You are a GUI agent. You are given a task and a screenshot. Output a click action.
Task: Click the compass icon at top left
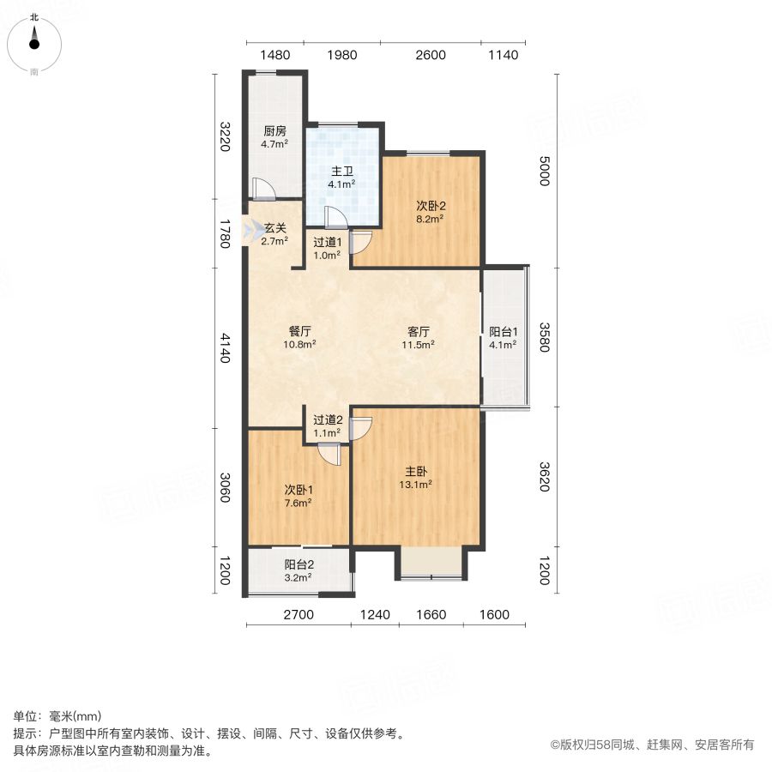pyautogui.click(x=34, y=45)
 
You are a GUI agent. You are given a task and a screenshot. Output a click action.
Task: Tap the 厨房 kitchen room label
pyautogui.click(x=274, y=131)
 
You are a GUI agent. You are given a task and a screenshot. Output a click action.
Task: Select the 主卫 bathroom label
pyautogui.click(x=341, y=172)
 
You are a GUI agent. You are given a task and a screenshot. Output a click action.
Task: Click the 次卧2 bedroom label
pyautogui.click(x=431, y=206)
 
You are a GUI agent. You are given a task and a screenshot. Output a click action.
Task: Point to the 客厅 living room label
pyautogui.click(x=418, y=331)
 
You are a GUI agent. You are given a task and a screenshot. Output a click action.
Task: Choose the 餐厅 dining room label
pyautogui.click(x=299, y=331)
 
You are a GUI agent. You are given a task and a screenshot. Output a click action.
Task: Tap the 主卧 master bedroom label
pyautogui.click(x=415, y=471)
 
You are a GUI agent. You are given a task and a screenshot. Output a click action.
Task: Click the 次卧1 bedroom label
pyautogui.click(x=299, y=490)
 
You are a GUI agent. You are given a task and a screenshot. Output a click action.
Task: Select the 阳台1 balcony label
pyautogui.click(x=504, y=332)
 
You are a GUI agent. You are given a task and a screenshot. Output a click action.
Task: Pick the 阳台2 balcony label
pyautogui.click(x=299, y=564)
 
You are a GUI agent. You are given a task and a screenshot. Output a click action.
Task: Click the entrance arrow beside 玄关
pyautogui.click(x=252, y=231)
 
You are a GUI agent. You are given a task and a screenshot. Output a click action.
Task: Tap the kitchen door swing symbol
pyautogui.click(x=263, y=189)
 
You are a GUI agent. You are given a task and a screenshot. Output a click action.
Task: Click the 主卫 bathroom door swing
pyautogui.click(x=336, y=218)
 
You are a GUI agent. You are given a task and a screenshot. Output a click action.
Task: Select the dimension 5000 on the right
pyautogui.click(x=544, y=171)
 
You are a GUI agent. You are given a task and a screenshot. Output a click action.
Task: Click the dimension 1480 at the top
pyautogui.click(x=275, y=55)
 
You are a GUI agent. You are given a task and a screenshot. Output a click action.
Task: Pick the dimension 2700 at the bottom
pyautogui.click(x=299, y=614)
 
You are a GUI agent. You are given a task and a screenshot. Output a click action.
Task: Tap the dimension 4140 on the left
pyautogui.click(x=225, y=348)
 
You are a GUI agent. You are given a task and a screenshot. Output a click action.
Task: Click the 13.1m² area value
pyautogui.click(x=415, y=485)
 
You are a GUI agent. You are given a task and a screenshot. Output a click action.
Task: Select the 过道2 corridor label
pyautogui.click(x=328, y=420)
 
